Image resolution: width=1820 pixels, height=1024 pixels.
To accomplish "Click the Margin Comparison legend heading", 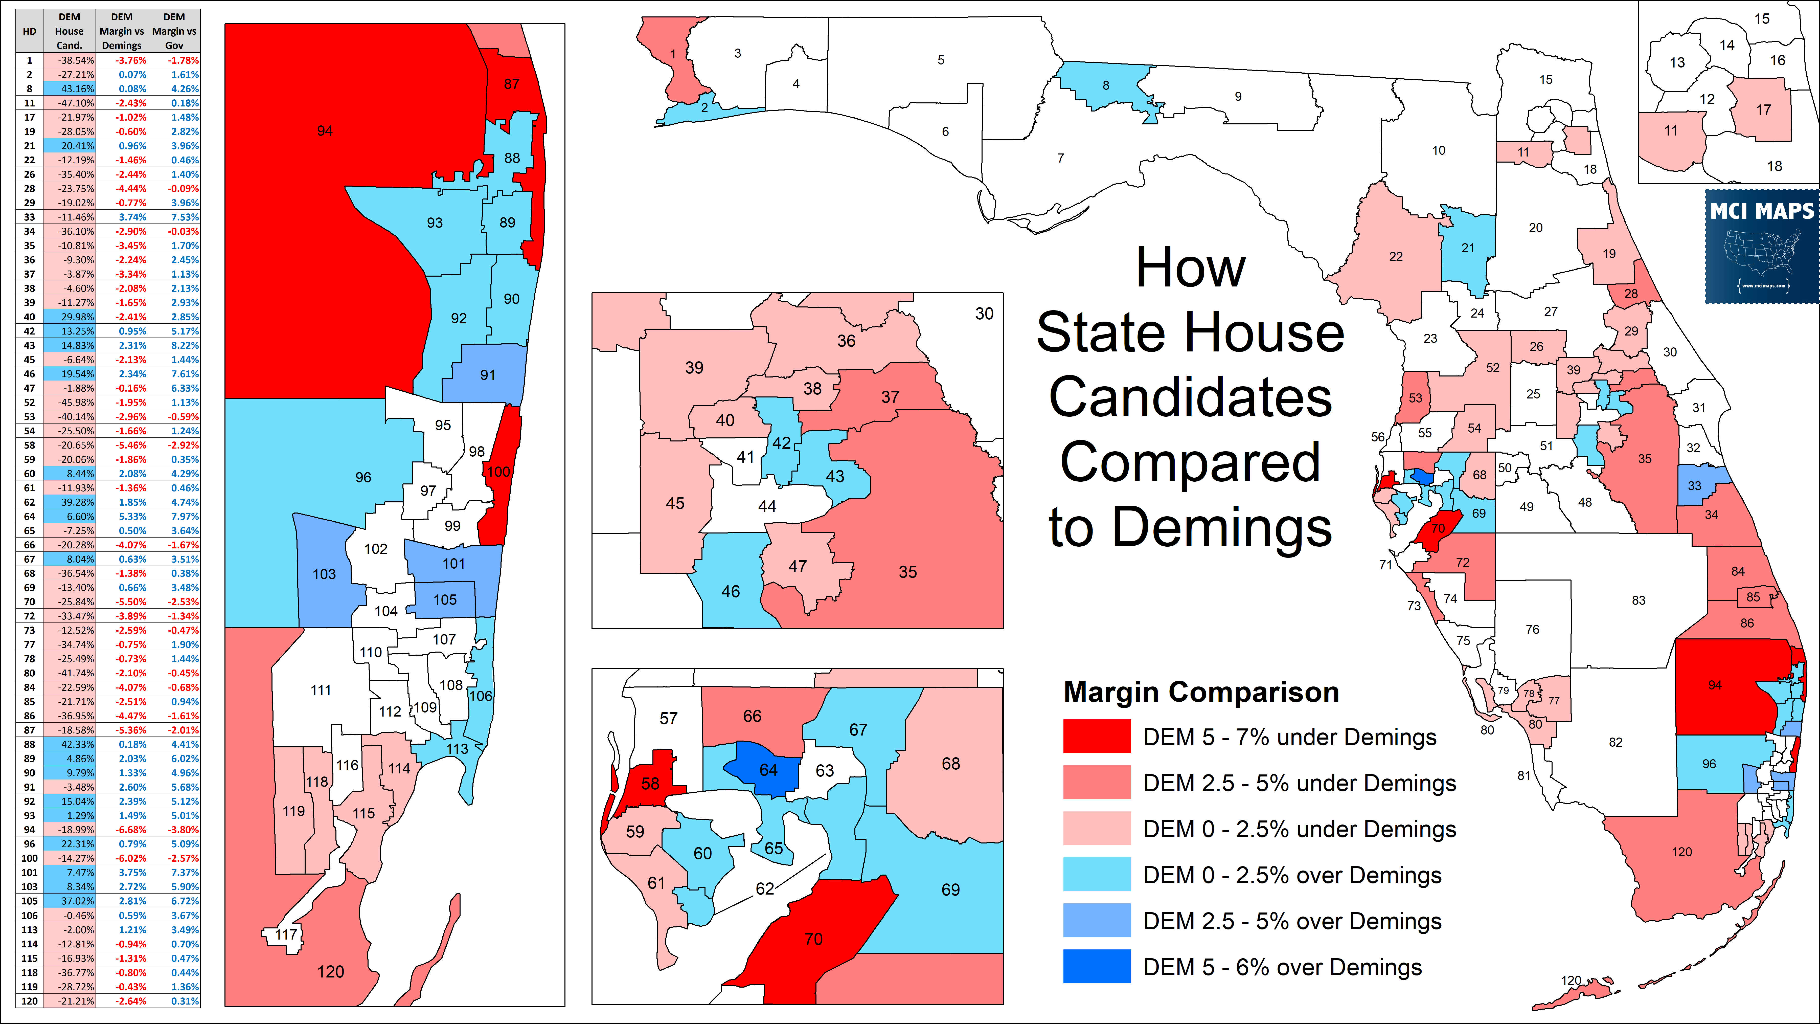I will click(x=1201, y=692).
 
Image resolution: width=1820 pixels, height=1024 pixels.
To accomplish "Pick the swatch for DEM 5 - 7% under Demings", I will click(x=1097, y=736).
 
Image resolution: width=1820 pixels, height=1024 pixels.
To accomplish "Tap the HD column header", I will click(x=29, y=31).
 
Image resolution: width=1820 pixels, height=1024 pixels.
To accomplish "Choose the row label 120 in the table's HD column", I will click(x=29, y=1001).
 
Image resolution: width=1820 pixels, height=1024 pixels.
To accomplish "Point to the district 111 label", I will click(x=321, y=690).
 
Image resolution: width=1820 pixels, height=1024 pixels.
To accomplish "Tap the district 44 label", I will click(x=767, y=506).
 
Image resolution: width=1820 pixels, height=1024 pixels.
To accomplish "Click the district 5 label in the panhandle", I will click(x=940, y=60).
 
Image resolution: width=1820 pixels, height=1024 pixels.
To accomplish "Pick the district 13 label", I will click(x=1677, y=62).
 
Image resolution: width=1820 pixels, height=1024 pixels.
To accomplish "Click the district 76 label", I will click(x=1532, y=629).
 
